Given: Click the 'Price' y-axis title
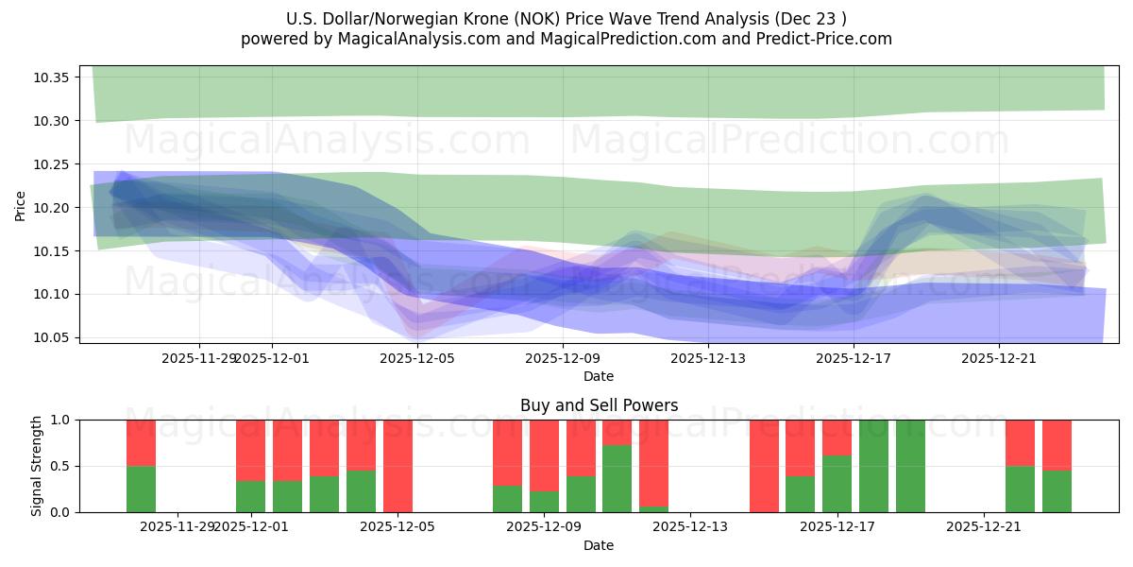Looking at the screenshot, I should [21, 205].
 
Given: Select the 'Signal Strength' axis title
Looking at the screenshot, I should [36, 466].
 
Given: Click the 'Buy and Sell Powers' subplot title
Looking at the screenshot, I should [599, 405].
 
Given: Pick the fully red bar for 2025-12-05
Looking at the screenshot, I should [397, 466].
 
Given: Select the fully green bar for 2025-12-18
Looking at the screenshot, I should [873, 466].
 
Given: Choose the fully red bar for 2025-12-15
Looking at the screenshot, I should [764, 466].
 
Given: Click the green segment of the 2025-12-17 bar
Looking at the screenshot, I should [837, 484].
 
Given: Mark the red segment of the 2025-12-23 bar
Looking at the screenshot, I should [1057, 445].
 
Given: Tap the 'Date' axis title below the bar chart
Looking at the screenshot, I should [599, 545].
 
